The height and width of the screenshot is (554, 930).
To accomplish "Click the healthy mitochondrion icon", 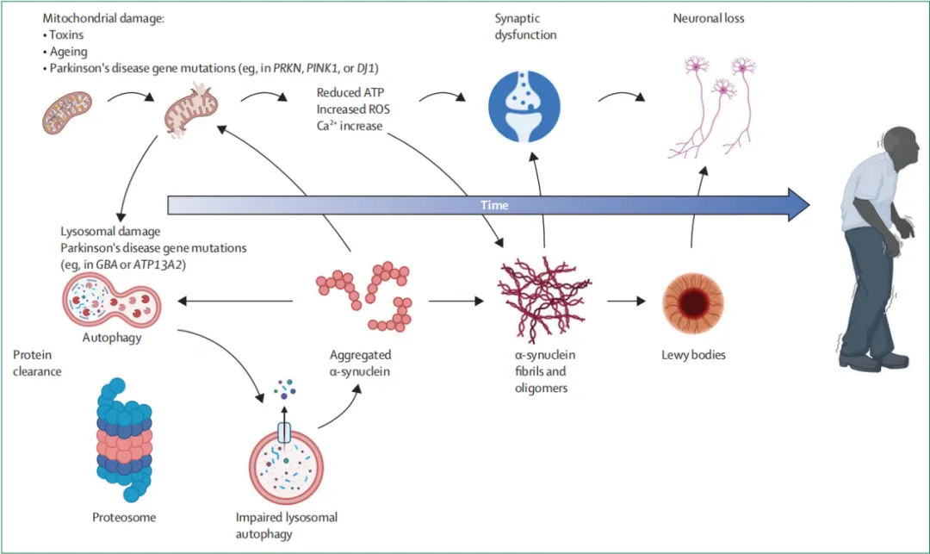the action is pos(67,112).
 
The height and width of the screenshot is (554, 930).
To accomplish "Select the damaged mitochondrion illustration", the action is pos(191,110).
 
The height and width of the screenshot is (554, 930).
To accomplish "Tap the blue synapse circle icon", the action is pos(524,107).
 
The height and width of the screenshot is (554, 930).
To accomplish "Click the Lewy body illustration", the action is pos(692,303).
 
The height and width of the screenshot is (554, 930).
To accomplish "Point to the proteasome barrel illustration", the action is pos(125,439).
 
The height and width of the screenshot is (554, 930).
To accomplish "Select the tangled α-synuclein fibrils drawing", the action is pos(543,300).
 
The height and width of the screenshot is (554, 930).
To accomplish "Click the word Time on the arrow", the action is pos(494,205).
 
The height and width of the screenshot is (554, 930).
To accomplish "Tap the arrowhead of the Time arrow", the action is pos(799,205).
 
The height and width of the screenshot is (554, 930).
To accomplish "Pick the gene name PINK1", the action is pos(322,68).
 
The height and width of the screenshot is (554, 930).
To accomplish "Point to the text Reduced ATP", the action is pos(350,92).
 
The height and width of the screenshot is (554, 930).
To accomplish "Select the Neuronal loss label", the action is pos(708,18).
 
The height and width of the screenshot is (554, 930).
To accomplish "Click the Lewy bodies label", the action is pos(693,355).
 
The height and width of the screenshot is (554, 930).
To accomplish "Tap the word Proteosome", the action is pos(124,517).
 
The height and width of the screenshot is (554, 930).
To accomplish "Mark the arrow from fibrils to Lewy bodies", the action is pos(626,302).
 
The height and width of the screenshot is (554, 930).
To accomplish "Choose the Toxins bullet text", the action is pos(63,35).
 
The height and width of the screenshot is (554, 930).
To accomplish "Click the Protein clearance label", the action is pos(37,363).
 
